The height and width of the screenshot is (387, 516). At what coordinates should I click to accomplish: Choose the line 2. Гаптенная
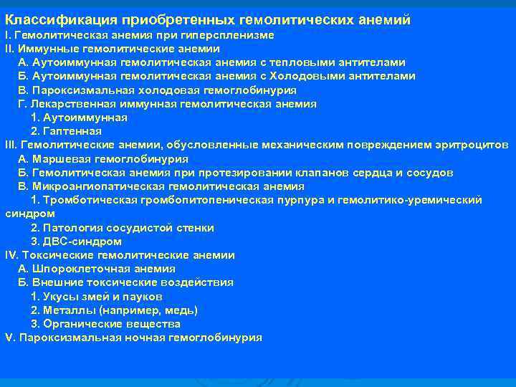point(66,131)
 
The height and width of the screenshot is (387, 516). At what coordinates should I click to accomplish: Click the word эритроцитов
point(473,145)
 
